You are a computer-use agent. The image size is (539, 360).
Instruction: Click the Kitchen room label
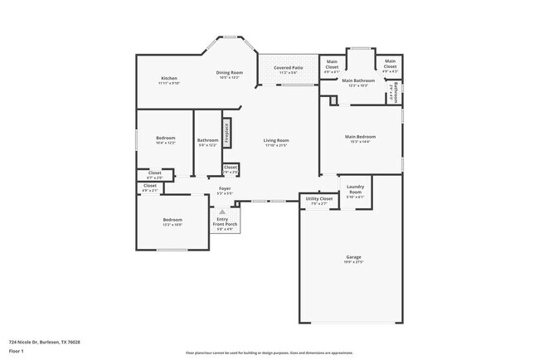point(169,78)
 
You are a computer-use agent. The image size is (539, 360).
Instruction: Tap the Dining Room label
point(229,73)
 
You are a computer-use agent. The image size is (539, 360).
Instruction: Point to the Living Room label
point(275,140)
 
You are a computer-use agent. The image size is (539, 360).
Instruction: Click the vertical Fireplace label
point(226,134)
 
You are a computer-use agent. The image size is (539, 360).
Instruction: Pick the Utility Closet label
point(319,198)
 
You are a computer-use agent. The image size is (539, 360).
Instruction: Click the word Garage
point(353,257)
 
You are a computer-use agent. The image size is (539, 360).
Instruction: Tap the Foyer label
point(225,189)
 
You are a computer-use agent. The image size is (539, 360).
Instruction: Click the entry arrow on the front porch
point(222,212)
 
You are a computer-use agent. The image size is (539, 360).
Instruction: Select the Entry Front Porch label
point(222,221)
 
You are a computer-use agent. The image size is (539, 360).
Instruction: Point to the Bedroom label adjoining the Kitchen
point(166,139)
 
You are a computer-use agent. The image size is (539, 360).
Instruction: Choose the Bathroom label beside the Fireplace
point(207,140)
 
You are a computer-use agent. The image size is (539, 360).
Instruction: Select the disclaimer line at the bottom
point(269,353)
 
